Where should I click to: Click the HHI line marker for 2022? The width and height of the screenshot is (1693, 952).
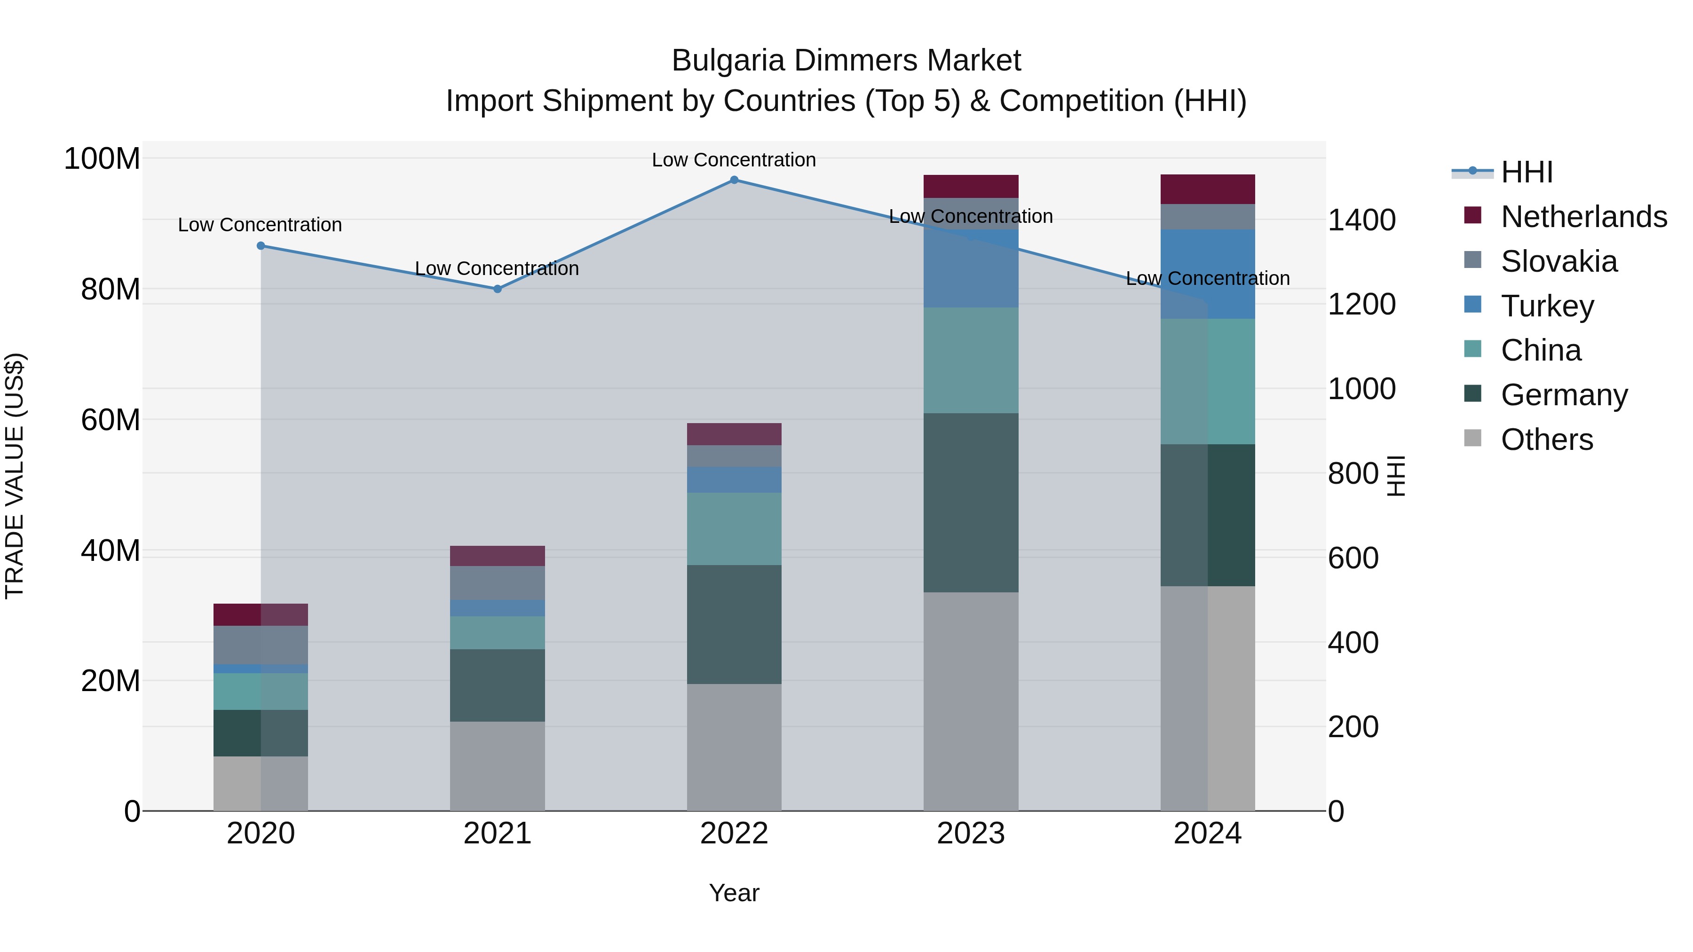point(734,180)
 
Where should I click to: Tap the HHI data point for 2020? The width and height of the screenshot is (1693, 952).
point(261,246)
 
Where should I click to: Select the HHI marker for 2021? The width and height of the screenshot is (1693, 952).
point(498,289)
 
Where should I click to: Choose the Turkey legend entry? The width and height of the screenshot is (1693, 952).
point(1547,306)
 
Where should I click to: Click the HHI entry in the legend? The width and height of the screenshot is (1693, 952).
point(1527,172)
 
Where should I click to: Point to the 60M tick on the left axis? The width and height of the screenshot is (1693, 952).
point(111,420)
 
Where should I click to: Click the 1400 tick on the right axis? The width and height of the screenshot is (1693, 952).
point(1361,220)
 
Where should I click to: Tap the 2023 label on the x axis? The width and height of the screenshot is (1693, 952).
point(971,834)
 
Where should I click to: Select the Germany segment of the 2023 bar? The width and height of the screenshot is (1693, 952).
point(971,503)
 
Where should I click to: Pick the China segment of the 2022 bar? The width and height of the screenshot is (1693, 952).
point(734,529)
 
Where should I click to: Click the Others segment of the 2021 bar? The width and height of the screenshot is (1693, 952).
point(498,766)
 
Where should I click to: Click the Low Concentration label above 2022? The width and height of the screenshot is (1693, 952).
point(734,160)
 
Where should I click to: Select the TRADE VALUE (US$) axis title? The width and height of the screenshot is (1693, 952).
point(15,476)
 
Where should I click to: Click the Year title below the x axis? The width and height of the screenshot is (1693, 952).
point(734,893)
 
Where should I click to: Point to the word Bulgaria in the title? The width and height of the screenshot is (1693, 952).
point(728,61)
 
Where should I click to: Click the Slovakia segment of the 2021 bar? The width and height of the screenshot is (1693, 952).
point(498,583)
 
